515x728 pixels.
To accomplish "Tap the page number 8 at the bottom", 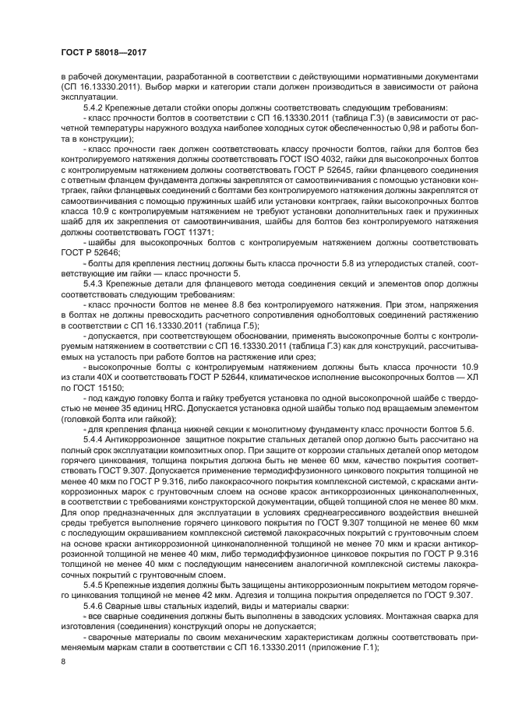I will [63, 661].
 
